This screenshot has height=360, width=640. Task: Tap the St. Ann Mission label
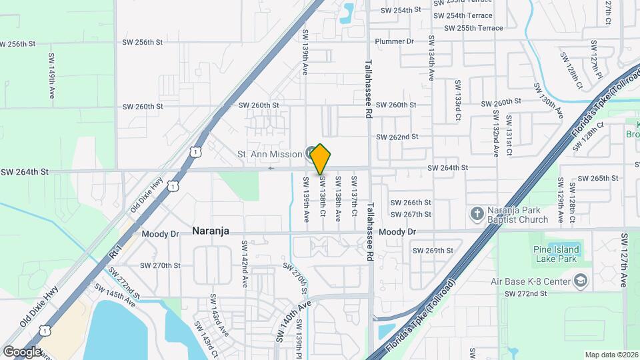click(270, 154)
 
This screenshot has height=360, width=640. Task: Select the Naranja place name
click(211, 231)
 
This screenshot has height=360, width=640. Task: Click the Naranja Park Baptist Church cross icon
click(477, 213)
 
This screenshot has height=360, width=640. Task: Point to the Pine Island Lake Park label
click(556, 255)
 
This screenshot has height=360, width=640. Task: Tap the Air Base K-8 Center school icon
click(581, 281)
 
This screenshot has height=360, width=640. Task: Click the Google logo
click(22, 351)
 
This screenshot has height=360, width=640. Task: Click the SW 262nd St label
click(397, 137)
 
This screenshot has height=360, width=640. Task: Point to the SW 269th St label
click(433, 251)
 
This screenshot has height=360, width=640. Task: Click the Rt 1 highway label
click(115, 252)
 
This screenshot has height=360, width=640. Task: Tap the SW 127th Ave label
click(625, 260)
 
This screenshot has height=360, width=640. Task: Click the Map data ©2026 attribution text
click(611, 355)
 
